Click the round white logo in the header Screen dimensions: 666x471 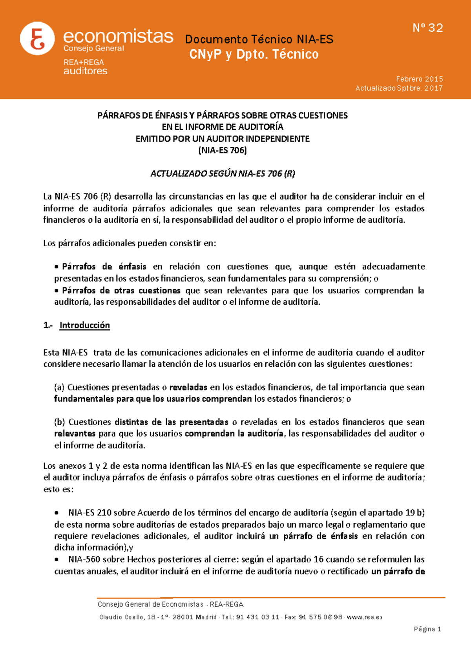pos(37,38)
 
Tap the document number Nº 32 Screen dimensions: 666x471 pos(428,28)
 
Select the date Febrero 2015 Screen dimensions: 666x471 pos(420,79)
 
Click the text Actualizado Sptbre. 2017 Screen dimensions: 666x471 pos(399,88)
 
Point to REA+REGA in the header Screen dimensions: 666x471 pos(84,62)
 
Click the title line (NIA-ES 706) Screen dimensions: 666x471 pos(223,150)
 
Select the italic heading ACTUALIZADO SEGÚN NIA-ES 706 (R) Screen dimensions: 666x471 pos(223,173)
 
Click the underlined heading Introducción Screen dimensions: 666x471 pos(84,325)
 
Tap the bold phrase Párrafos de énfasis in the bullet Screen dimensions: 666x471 pos(104,267)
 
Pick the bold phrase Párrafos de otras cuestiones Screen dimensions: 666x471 pos(121,291)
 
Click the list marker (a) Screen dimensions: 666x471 pos(59,388)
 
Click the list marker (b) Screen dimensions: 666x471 pos(60,422)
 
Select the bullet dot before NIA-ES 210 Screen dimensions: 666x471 pos(57,513)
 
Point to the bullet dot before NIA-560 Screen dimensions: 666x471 pos(57,560)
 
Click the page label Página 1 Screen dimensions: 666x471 pos(427,629)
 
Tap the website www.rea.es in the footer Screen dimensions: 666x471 pos(365,617)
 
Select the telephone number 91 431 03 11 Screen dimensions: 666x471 pos(257,617)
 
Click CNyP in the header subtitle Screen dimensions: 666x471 pos(205,54)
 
